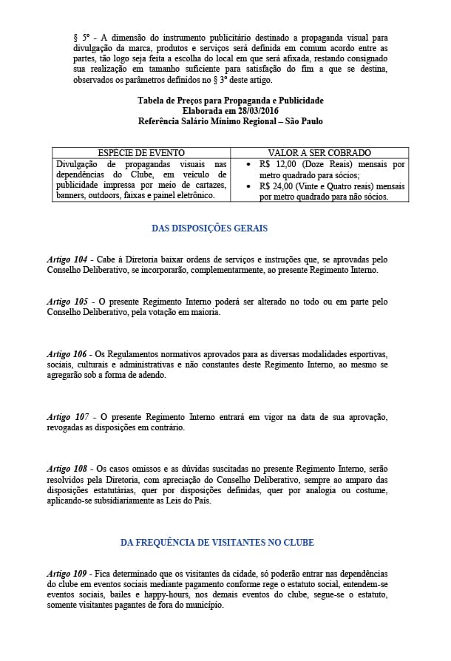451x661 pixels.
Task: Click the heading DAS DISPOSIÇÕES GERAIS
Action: pyautogui.click(x=209, y=228)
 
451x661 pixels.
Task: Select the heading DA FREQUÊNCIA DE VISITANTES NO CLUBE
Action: pyautogui.click(x=217, y=543)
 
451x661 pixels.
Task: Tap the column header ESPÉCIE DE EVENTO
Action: pyautogui.click(x=141, y=152)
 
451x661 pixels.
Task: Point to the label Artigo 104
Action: pyautogui.click(x=67, y=260)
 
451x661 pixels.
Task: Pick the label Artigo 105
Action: pyautogui.click(x=67, y=302)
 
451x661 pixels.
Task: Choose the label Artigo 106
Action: pyautogui.click(x=67, y=354)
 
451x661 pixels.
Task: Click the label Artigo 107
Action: pyautogui.click(x=67, y=417)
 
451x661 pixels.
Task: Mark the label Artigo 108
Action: pyautogui.click(x=67, y=469)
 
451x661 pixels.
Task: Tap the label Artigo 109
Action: pyautogui.click(x=67, y=574)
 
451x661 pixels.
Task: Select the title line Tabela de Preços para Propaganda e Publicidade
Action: pyautogui.click(x=230, y=100)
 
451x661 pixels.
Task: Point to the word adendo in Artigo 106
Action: pyautogui.click(x=151, y=375)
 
